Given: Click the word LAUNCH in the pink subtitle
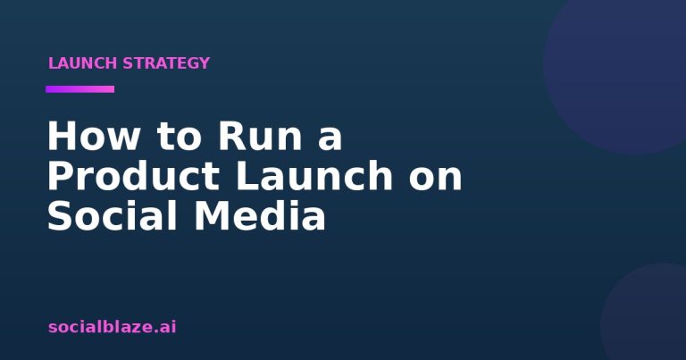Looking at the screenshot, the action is pos(82,63).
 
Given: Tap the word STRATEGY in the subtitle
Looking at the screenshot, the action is pos(166,63).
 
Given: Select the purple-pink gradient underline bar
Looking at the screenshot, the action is pos(80,89).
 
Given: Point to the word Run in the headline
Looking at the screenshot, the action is pos(260,136).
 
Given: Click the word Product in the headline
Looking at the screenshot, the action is pos(133,176).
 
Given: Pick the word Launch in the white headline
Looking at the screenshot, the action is pos(314,176).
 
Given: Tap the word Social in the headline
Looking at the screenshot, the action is pos(112,215).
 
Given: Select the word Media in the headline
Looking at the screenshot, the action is pos(260,215).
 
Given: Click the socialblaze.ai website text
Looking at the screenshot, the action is pos(112,327).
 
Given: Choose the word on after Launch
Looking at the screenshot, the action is pos(436,176).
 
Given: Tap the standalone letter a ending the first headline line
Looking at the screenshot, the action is pos(330,139).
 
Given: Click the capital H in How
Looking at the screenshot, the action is pos(61,136).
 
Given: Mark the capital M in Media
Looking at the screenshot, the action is pos(212,215).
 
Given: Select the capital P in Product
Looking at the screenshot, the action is pos(60,176).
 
